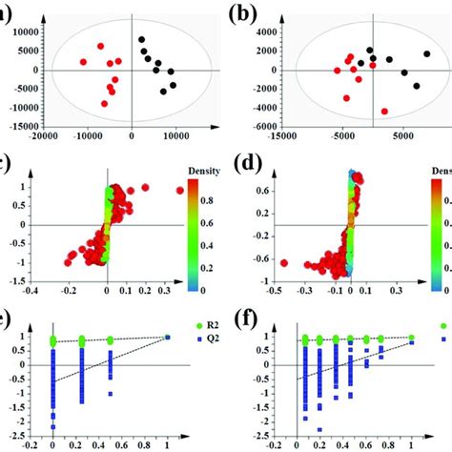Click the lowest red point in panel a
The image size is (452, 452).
[105, 104]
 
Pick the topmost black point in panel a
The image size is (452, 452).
[142, 40]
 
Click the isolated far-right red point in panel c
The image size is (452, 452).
[178, 191]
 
